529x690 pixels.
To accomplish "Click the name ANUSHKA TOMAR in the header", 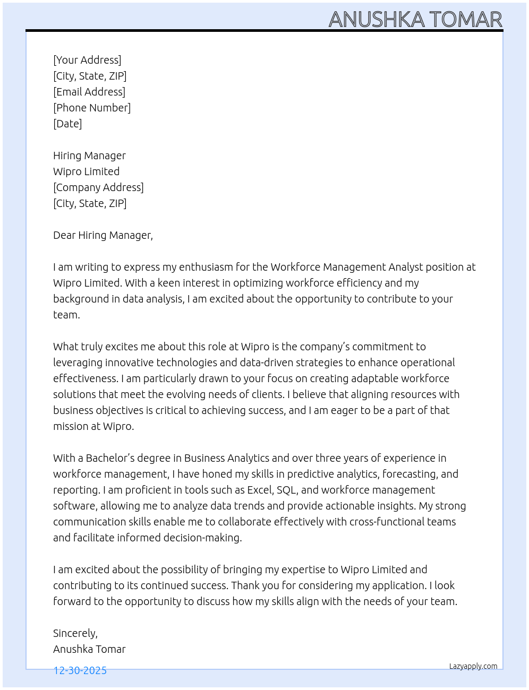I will pyautogui.click(x=415, y=20).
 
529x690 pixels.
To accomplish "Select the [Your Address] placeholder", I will pyautogui.click(x=87, y=60).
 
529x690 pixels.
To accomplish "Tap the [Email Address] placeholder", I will pyautogui.click(x=89, y=92).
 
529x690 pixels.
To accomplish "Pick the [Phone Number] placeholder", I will pyautogui.click(x=92, y=108).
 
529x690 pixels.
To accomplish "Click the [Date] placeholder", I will pyautogui.click(x=67, y=124).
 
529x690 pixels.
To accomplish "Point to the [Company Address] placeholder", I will pyautogui.click(x=98, y=187).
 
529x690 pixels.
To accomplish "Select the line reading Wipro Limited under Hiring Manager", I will pyautogui.click(x=86, y=171).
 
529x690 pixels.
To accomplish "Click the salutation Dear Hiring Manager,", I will pyautogui.click(x=103, y=235).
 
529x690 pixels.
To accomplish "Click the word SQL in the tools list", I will pyautogui.click(x=286, y=490).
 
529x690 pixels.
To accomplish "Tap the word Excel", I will pyautogui.click(x=260, y=490).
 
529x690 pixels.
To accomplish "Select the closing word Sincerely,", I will pyautogui.click(x=75, y=633).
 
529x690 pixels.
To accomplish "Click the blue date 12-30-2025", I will pyautogui.click(x=80, y=670).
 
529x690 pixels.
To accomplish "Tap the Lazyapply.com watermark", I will pyautogui.click(x=473, y=666).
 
